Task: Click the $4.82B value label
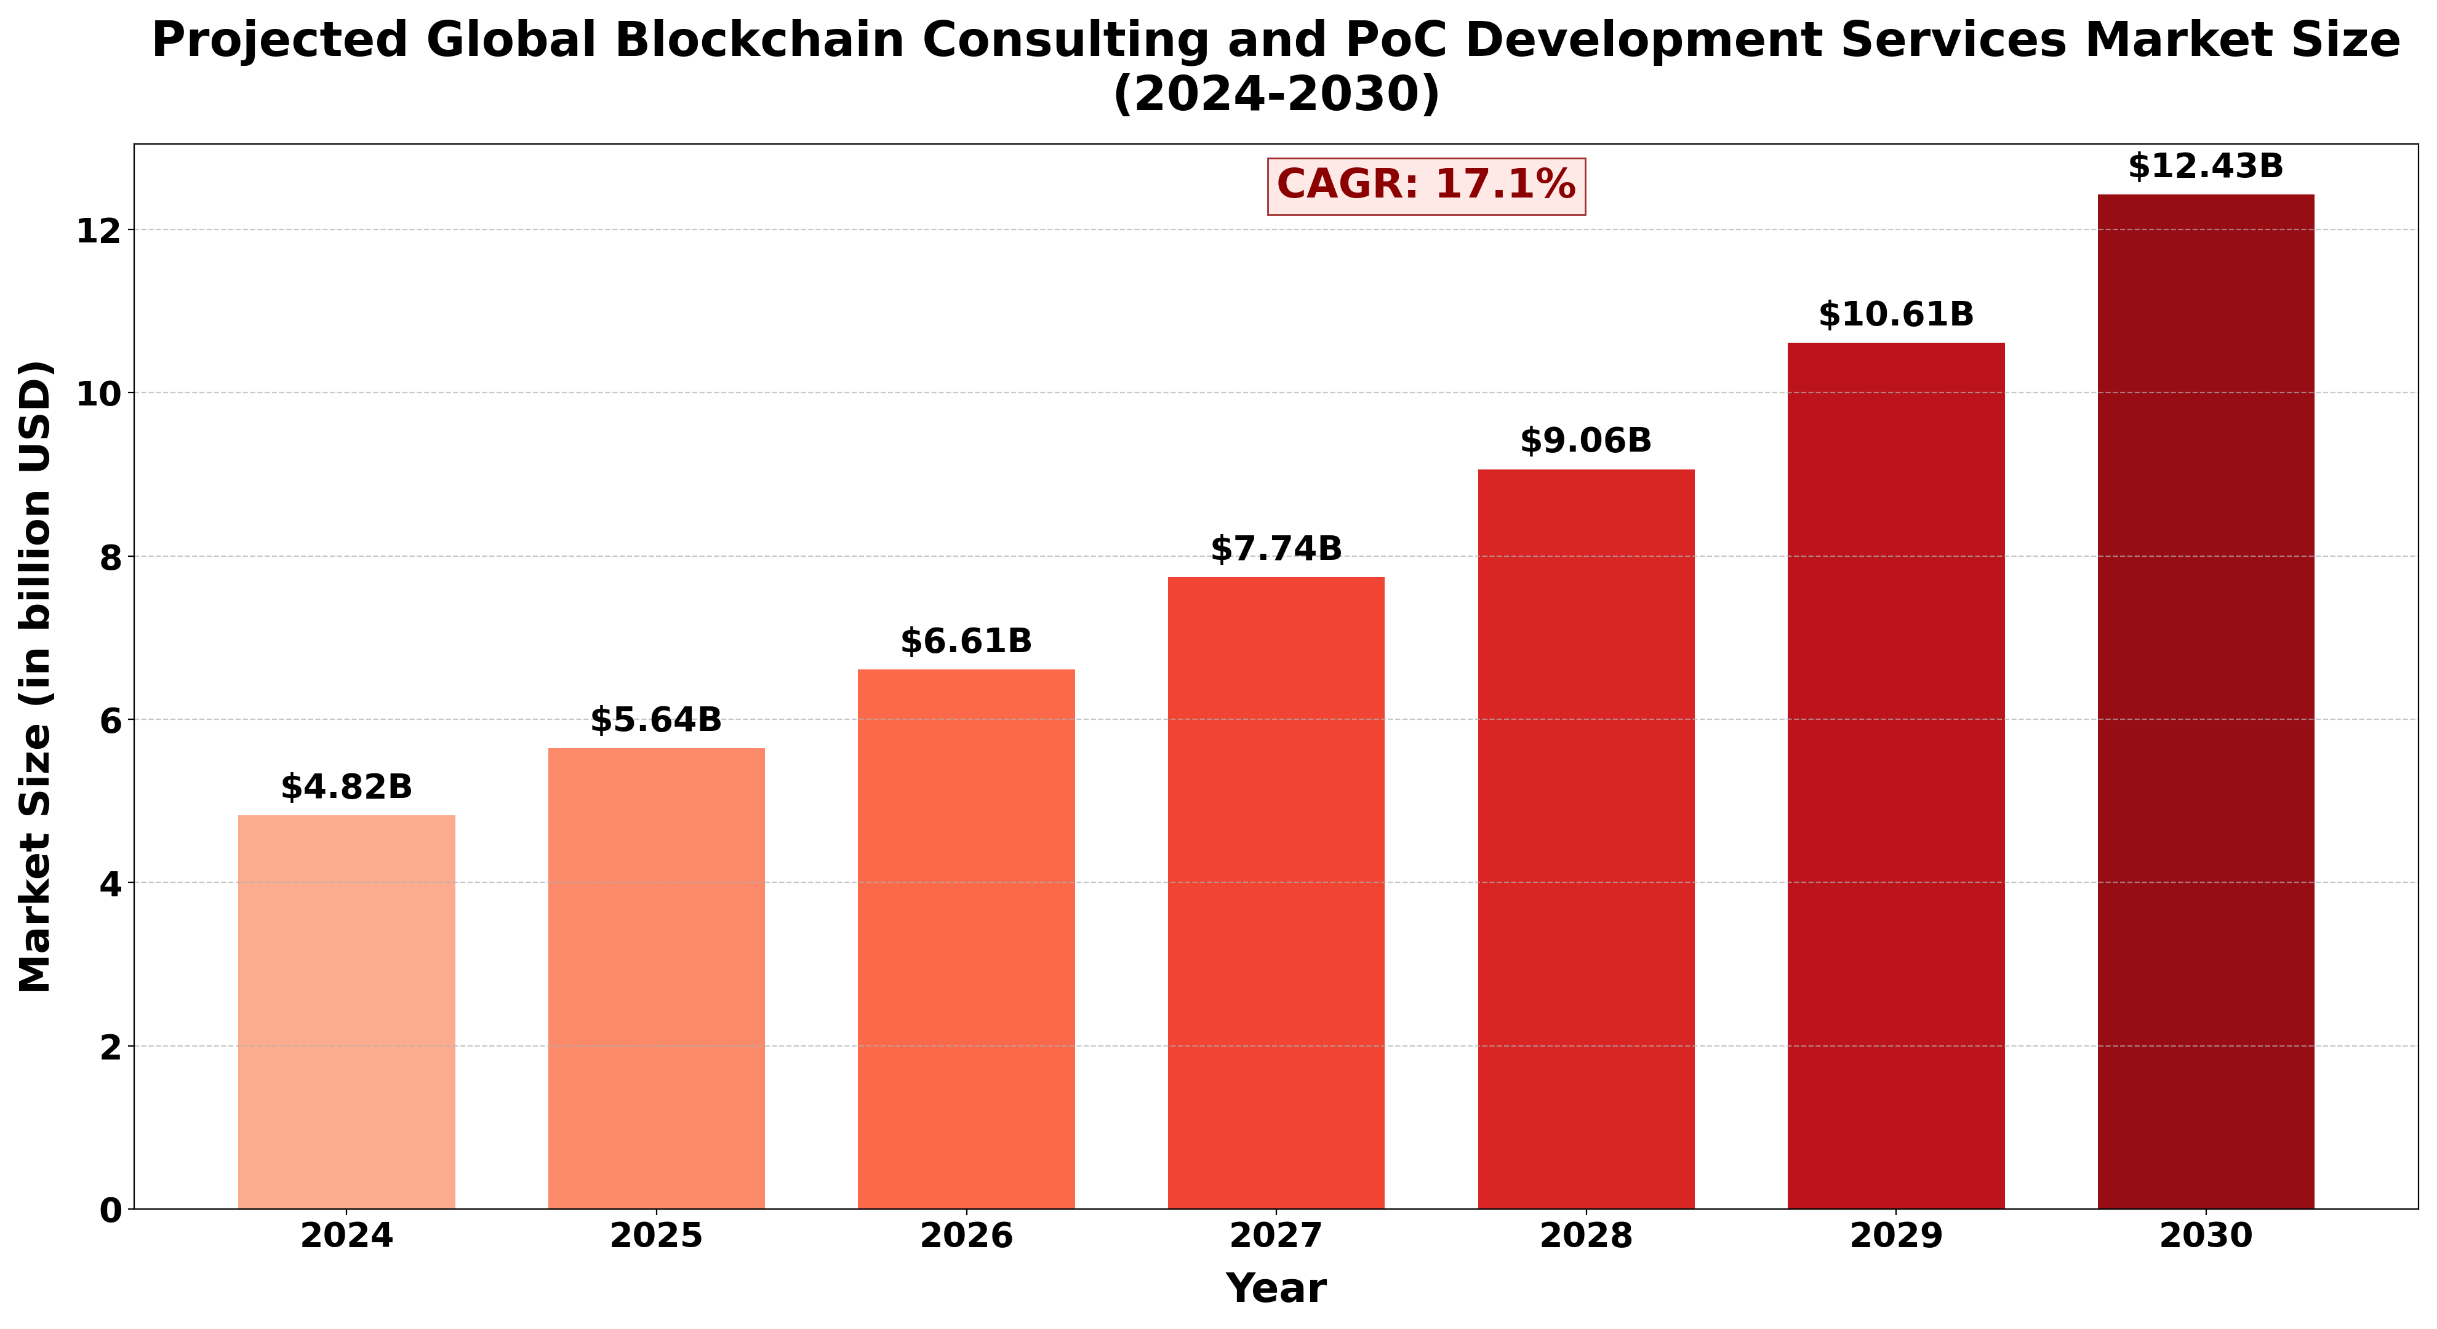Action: point(346,787)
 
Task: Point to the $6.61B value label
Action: point(966,641)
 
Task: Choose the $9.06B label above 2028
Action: point(1585,441)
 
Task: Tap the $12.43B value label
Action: point(2205,167)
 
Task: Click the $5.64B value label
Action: point(655,720)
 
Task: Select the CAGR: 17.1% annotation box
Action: point(1426,185)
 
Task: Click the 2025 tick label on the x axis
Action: point(655,1236)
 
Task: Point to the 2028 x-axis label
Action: point(1585,1236)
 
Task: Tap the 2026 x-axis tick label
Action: point(966,1236)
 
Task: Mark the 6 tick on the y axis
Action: point(110,720)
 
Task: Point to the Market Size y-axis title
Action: point(36,676)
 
